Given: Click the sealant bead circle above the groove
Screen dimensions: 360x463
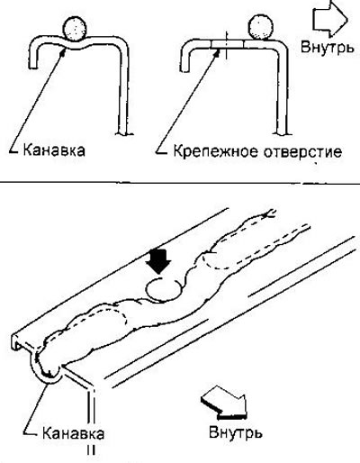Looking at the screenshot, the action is pyautogui.click(x=75, y=29).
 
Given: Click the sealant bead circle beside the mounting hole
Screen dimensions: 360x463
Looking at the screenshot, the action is pyautogui.click(x=261, y=27).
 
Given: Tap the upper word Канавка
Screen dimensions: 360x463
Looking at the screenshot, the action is pyautogui.click(x=54, y=150).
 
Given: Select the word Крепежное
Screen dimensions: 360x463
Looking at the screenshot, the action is pyautogui.click(x=216, y=151).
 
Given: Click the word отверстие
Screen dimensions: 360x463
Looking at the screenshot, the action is pyautogui.click(x=302, y=152).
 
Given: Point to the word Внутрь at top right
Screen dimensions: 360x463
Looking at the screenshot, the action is pyautogui.click(x=328, y=47).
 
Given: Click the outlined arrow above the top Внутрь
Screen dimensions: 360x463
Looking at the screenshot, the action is pyautogui.click(x=330, y=19).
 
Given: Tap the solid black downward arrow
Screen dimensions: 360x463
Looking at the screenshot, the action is pyautogui.click(x=158, y=260).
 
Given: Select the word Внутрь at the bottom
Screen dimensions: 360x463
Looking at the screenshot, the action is pyautogui.click(x=236, y=432).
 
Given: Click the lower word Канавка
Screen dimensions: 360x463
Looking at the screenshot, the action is pyautogui.click(x=73, y=433).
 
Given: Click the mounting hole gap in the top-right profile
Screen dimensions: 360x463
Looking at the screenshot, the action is pyautogui.click(x=227, y=44).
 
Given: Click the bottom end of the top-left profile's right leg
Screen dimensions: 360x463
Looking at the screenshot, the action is pyautogui.click(x=123, y=132).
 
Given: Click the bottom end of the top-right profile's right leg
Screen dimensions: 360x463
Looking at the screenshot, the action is pyautogui.click(x=281, y=132).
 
